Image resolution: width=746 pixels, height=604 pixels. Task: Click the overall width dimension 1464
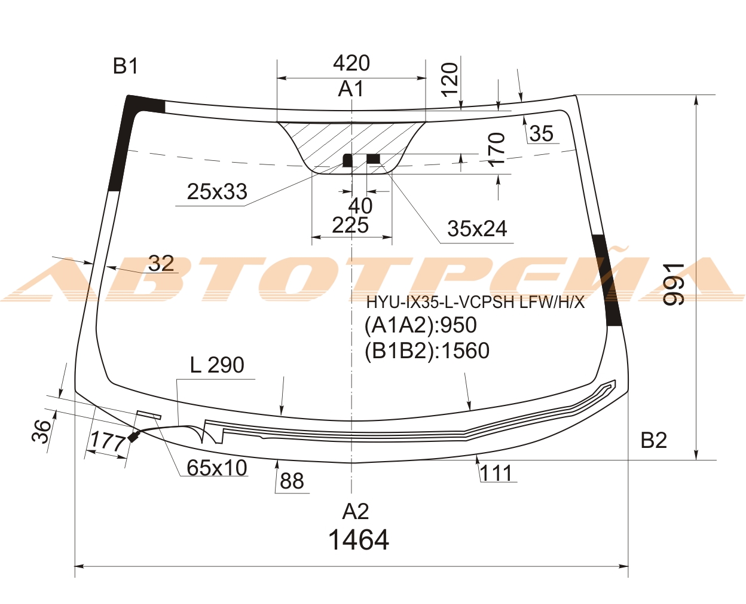[x=359, y=540]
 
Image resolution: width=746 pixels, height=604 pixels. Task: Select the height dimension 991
[x=674, y=284]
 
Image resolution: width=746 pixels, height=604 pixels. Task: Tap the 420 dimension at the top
[x=351, y=63]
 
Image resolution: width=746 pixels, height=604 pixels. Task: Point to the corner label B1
[x=126, y=66]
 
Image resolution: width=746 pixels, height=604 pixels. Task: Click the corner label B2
[x=653, y=440]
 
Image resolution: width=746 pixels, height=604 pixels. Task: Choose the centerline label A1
[x=351, y=89]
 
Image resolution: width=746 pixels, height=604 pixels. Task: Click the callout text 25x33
[x=217, y=191]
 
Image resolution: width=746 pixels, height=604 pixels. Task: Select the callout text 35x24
[x=477, y=229]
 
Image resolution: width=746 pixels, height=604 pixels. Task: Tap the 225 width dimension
[x=350, y=225]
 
